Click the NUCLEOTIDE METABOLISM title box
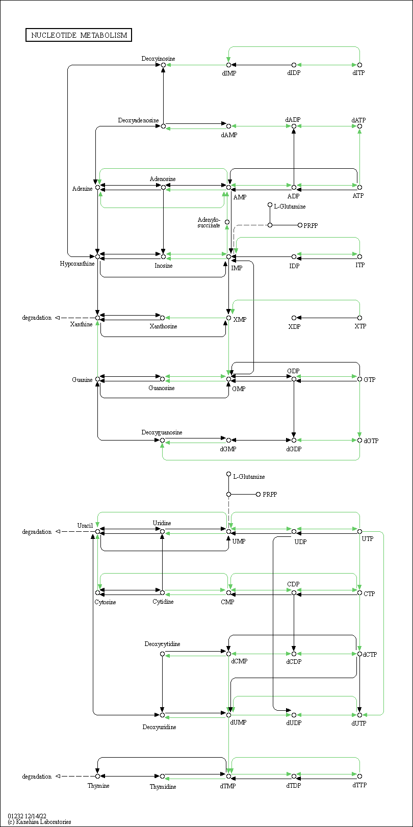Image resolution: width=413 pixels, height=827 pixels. pyautogui.click(x=79, y=35)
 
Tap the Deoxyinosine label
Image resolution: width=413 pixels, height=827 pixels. pyautogui.click(x=159, y=59)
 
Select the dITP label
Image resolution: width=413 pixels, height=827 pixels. pyautogui.click(x=358, y=73)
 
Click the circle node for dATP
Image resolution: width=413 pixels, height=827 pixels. pyautogui.click(x=360, y=126)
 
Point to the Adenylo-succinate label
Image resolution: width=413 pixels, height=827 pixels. pyautogui.click(x=209, y=223)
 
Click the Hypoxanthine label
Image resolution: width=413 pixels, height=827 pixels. pyautogui.click(x=77, y=264)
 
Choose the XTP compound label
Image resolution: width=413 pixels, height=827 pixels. pyautogui.click(x=360, y=326)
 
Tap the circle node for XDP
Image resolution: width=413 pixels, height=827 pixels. pyautogui.click(x=294, y=318)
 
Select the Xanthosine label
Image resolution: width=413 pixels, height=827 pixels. pyautogui.click(x=163, y=326)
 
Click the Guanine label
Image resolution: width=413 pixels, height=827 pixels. pyautogui.click(x=82, y=380)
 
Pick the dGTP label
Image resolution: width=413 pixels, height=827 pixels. pyautogui.click(x=371, y=441)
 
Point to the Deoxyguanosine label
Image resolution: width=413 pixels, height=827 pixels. pyautogui.click(x=162, y=432)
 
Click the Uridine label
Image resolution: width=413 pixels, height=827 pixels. pyautogui.click(x=162, y=523)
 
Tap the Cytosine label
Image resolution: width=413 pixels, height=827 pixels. pyautogui.click(x=105, y=602)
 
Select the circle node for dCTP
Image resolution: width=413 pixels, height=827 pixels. pyautogui.click(x=360, y=654)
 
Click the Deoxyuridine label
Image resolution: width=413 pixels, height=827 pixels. pyautogui.click(x=160, y=727)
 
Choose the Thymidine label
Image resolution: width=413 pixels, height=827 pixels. pyautogui.click(x=163, y=787)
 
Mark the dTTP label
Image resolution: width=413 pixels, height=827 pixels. pyautogui.click(x=359, y=785)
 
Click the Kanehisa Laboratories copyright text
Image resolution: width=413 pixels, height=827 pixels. pyautogui.click(x=39, y=822)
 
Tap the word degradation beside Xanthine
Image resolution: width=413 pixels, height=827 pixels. pyautogui.click(x=37, y=318)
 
